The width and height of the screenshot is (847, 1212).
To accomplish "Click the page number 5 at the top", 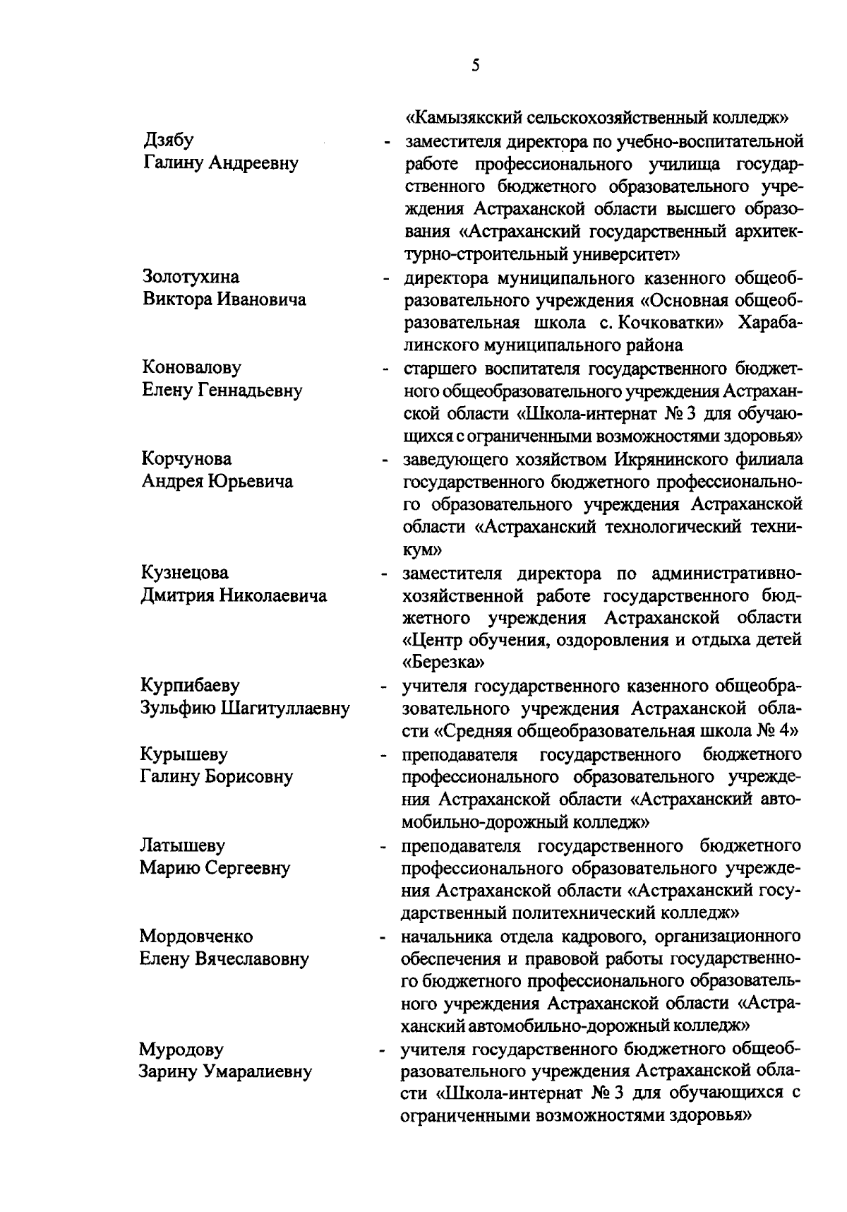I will coord(475,66).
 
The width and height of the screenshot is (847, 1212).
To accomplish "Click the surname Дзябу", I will coord(167,140).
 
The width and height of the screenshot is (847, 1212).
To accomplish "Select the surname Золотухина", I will coord(191,276).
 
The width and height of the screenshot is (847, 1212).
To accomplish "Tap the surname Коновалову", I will coord(191,367).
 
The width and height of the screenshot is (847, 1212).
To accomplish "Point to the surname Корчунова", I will coord(186,458).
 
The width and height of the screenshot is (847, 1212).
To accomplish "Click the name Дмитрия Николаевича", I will coord(234,595).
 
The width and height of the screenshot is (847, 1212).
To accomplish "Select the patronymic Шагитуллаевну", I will coord(286,708).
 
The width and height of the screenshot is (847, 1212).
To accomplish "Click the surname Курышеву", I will coord(184,754).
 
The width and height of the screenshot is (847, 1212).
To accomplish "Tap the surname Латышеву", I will coord(183,845).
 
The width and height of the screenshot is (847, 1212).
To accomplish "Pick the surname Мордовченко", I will coord(196,937).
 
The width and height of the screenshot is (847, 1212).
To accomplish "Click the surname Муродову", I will coord(181,1050).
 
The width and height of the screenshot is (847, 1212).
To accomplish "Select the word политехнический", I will coord(563,913).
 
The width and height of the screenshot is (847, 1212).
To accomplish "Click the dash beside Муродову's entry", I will coord(383,1052).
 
